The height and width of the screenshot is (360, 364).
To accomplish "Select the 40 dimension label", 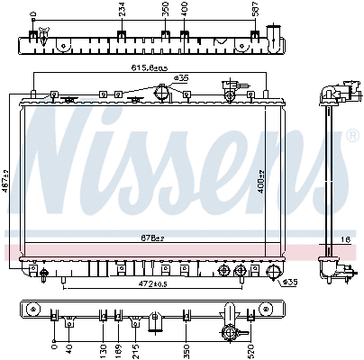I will click(x=70, y=347).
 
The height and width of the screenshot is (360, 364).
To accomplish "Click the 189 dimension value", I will click(x=119, y=348).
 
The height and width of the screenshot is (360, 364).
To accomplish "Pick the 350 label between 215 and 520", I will click(x=186, y=348).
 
